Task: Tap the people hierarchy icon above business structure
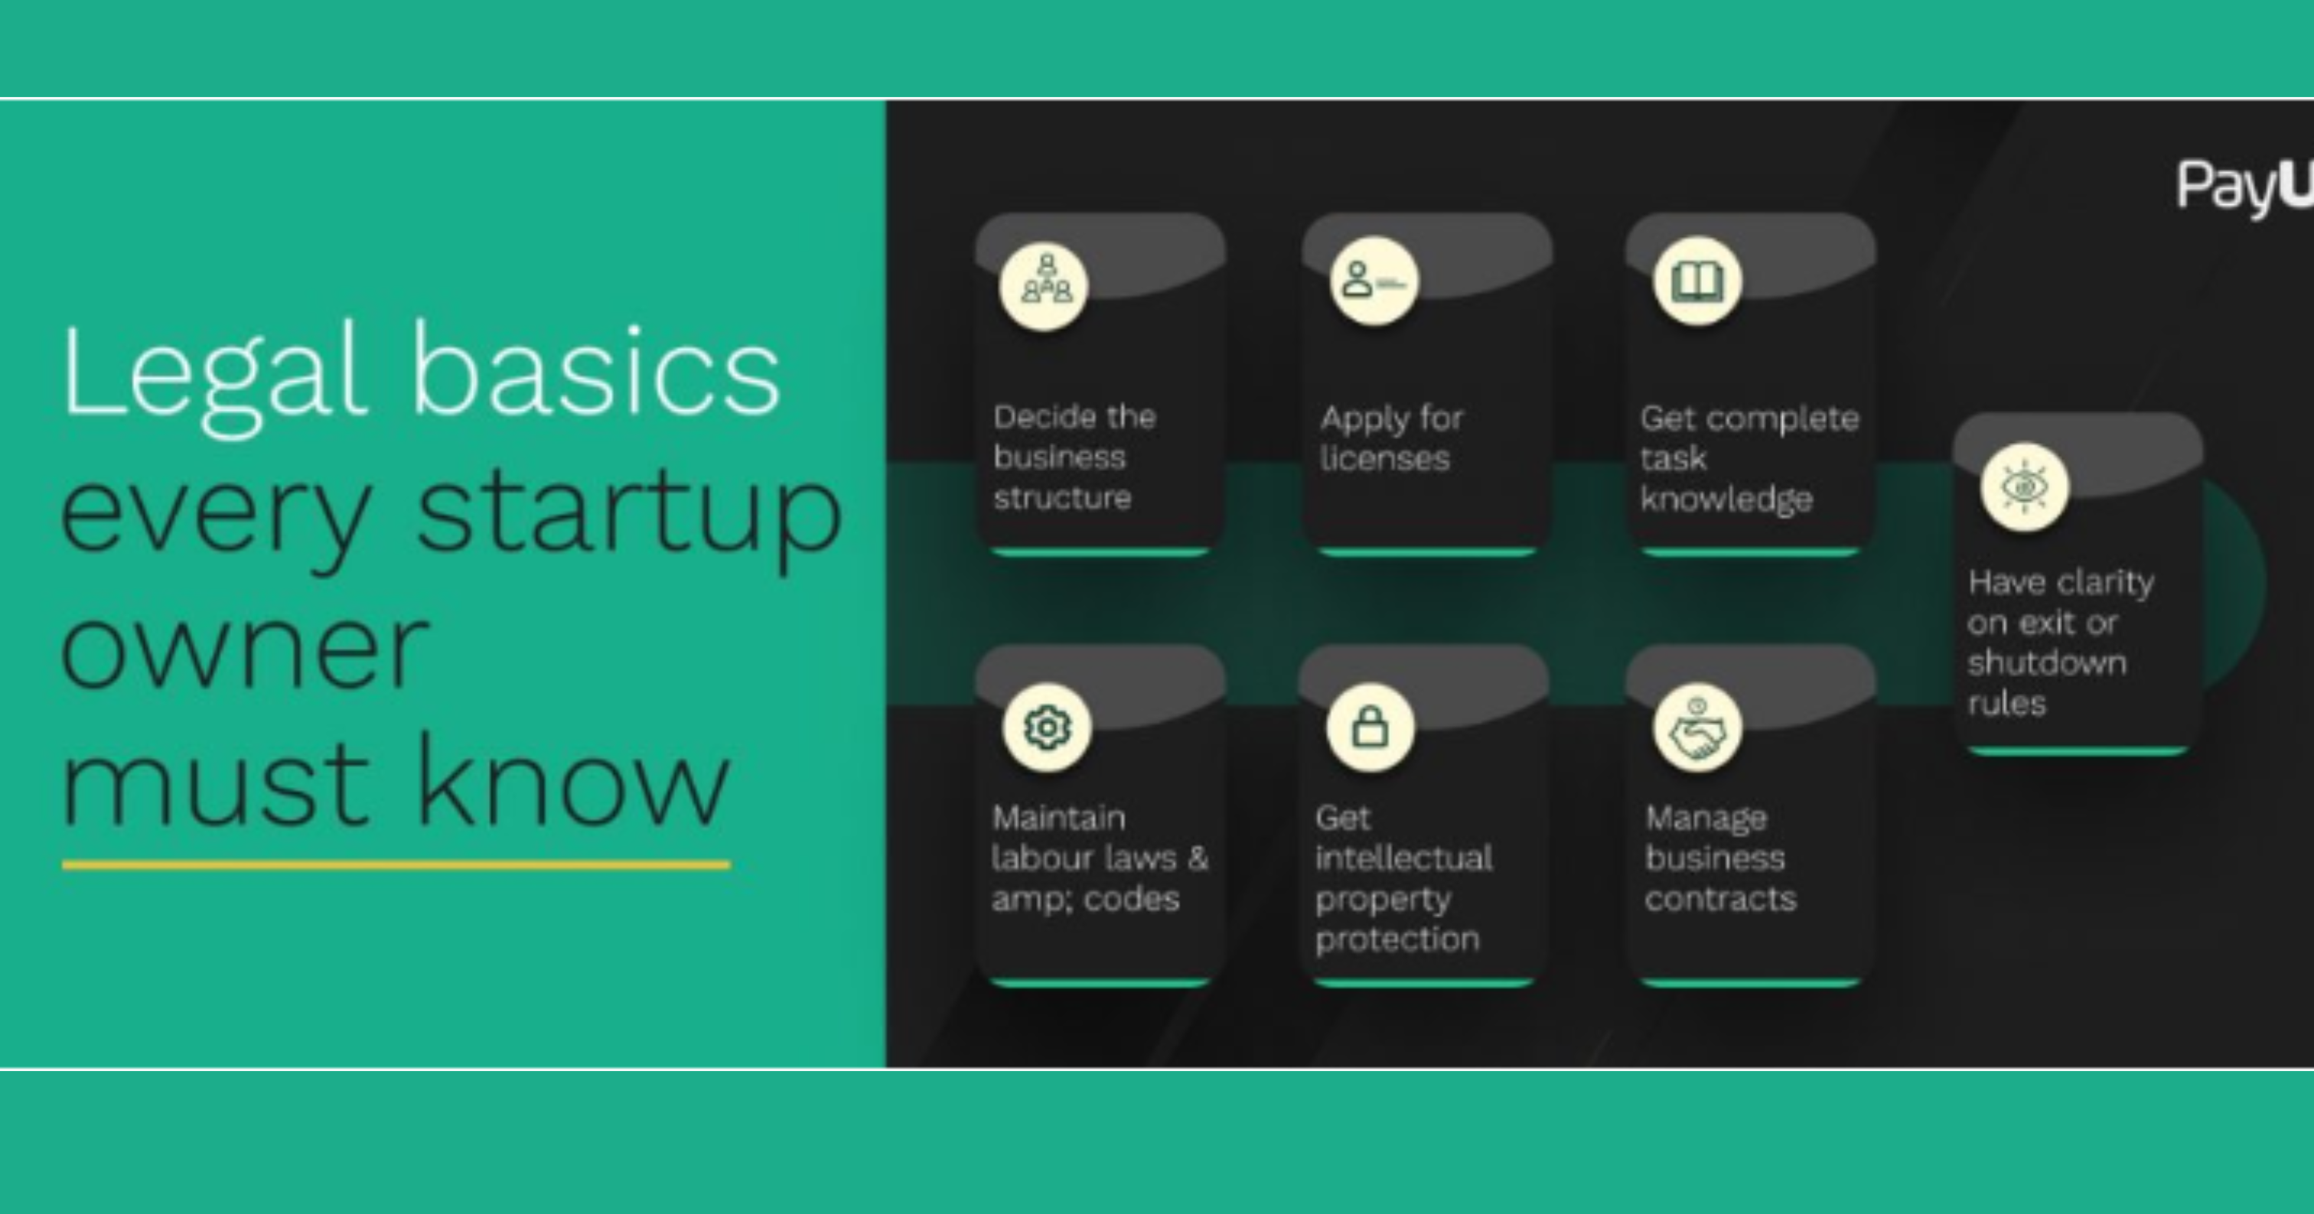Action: coord(1045,286)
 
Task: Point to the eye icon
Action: coord(2025,487)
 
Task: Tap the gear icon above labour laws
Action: coord(1048,727)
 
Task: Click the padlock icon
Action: coord(1370,727)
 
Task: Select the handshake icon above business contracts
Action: coord(1698,728)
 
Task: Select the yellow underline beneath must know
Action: coord(396,864)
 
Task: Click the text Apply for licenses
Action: coord(1391,438)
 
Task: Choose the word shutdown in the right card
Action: coord(2046,663)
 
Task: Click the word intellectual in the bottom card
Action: coord(1403,858)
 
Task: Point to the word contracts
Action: coord(1720,899)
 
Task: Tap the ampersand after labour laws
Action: coord(1198,858)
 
